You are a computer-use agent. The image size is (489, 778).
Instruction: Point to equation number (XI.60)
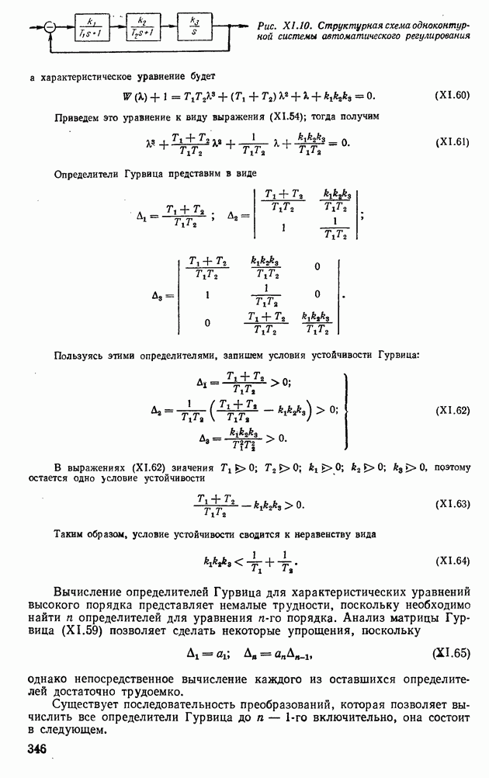coord(451,96)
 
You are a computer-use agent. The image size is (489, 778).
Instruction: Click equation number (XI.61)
coord(451,143)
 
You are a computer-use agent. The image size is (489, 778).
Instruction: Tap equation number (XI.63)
coord(451,504)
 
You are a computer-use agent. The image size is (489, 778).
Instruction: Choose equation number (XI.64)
coord(451,560)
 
